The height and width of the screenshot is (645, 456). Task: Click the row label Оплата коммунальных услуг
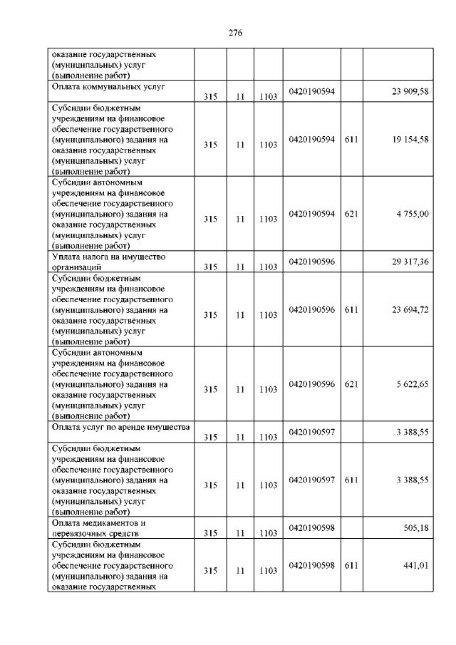[108, 87]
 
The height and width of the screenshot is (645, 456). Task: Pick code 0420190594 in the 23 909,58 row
[311, 92]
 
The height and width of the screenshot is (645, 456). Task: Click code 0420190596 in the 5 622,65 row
[311, 385]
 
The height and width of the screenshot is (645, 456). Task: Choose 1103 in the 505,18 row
[268, 532]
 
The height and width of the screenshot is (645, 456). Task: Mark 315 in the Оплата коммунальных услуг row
[209, 97]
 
